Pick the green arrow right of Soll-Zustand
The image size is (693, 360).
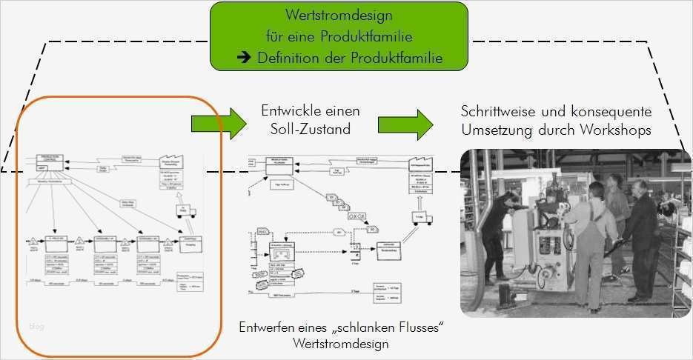pyautogui.click(x=405, y=122)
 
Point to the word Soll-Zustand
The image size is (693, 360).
pyautogui.click(x=311, y=129)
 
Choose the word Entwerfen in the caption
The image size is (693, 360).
pyautogui.click(x=265, y=328)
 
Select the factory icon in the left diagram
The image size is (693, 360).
pyautogui.click(x=172, y=162)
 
